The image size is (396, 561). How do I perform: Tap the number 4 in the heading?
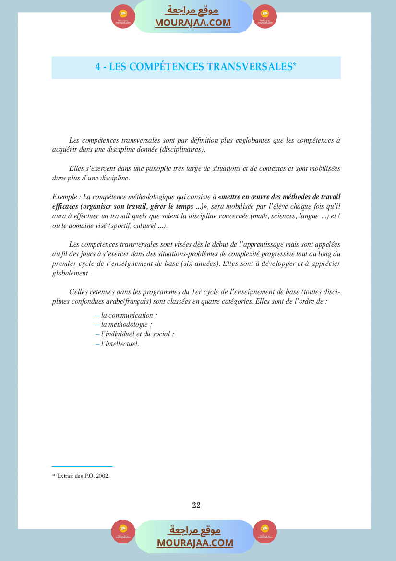[98, 67]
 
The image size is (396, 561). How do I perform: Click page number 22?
[196, 505]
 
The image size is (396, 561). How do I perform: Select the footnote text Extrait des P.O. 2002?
[81, 477]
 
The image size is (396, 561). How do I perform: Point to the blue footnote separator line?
[82, 466]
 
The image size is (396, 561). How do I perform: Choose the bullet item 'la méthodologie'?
[126, 324]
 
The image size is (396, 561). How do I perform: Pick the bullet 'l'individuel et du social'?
[137, 334]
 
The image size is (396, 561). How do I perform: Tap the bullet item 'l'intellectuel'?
[120, 343]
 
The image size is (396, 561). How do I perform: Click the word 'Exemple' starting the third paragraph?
[65, 197]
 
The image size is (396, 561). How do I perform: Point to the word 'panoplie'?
[145, 168]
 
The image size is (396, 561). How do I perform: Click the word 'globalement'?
[71, 273]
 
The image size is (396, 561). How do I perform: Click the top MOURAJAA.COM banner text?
[193, 23]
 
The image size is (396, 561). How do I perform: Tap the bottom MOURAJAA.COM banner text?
[195, 543]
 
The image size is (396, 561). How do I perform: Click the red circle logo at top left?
[123, 17]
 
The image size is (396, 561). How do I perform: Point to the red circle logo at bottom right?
[265, 532]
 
